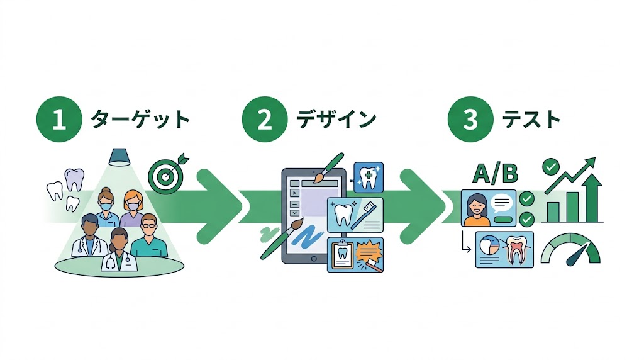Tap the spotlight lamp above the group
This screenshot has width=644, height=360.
119,155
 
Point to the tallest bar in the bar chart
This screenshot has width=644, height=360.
592,200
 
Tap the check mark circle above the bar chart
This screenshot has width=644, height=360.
552,167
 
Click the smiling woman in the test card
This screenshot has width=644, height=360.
476,209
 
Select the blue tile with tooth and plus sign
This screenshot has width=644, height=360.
369,176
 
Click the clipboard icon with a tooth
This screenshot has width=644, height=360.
342,256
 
